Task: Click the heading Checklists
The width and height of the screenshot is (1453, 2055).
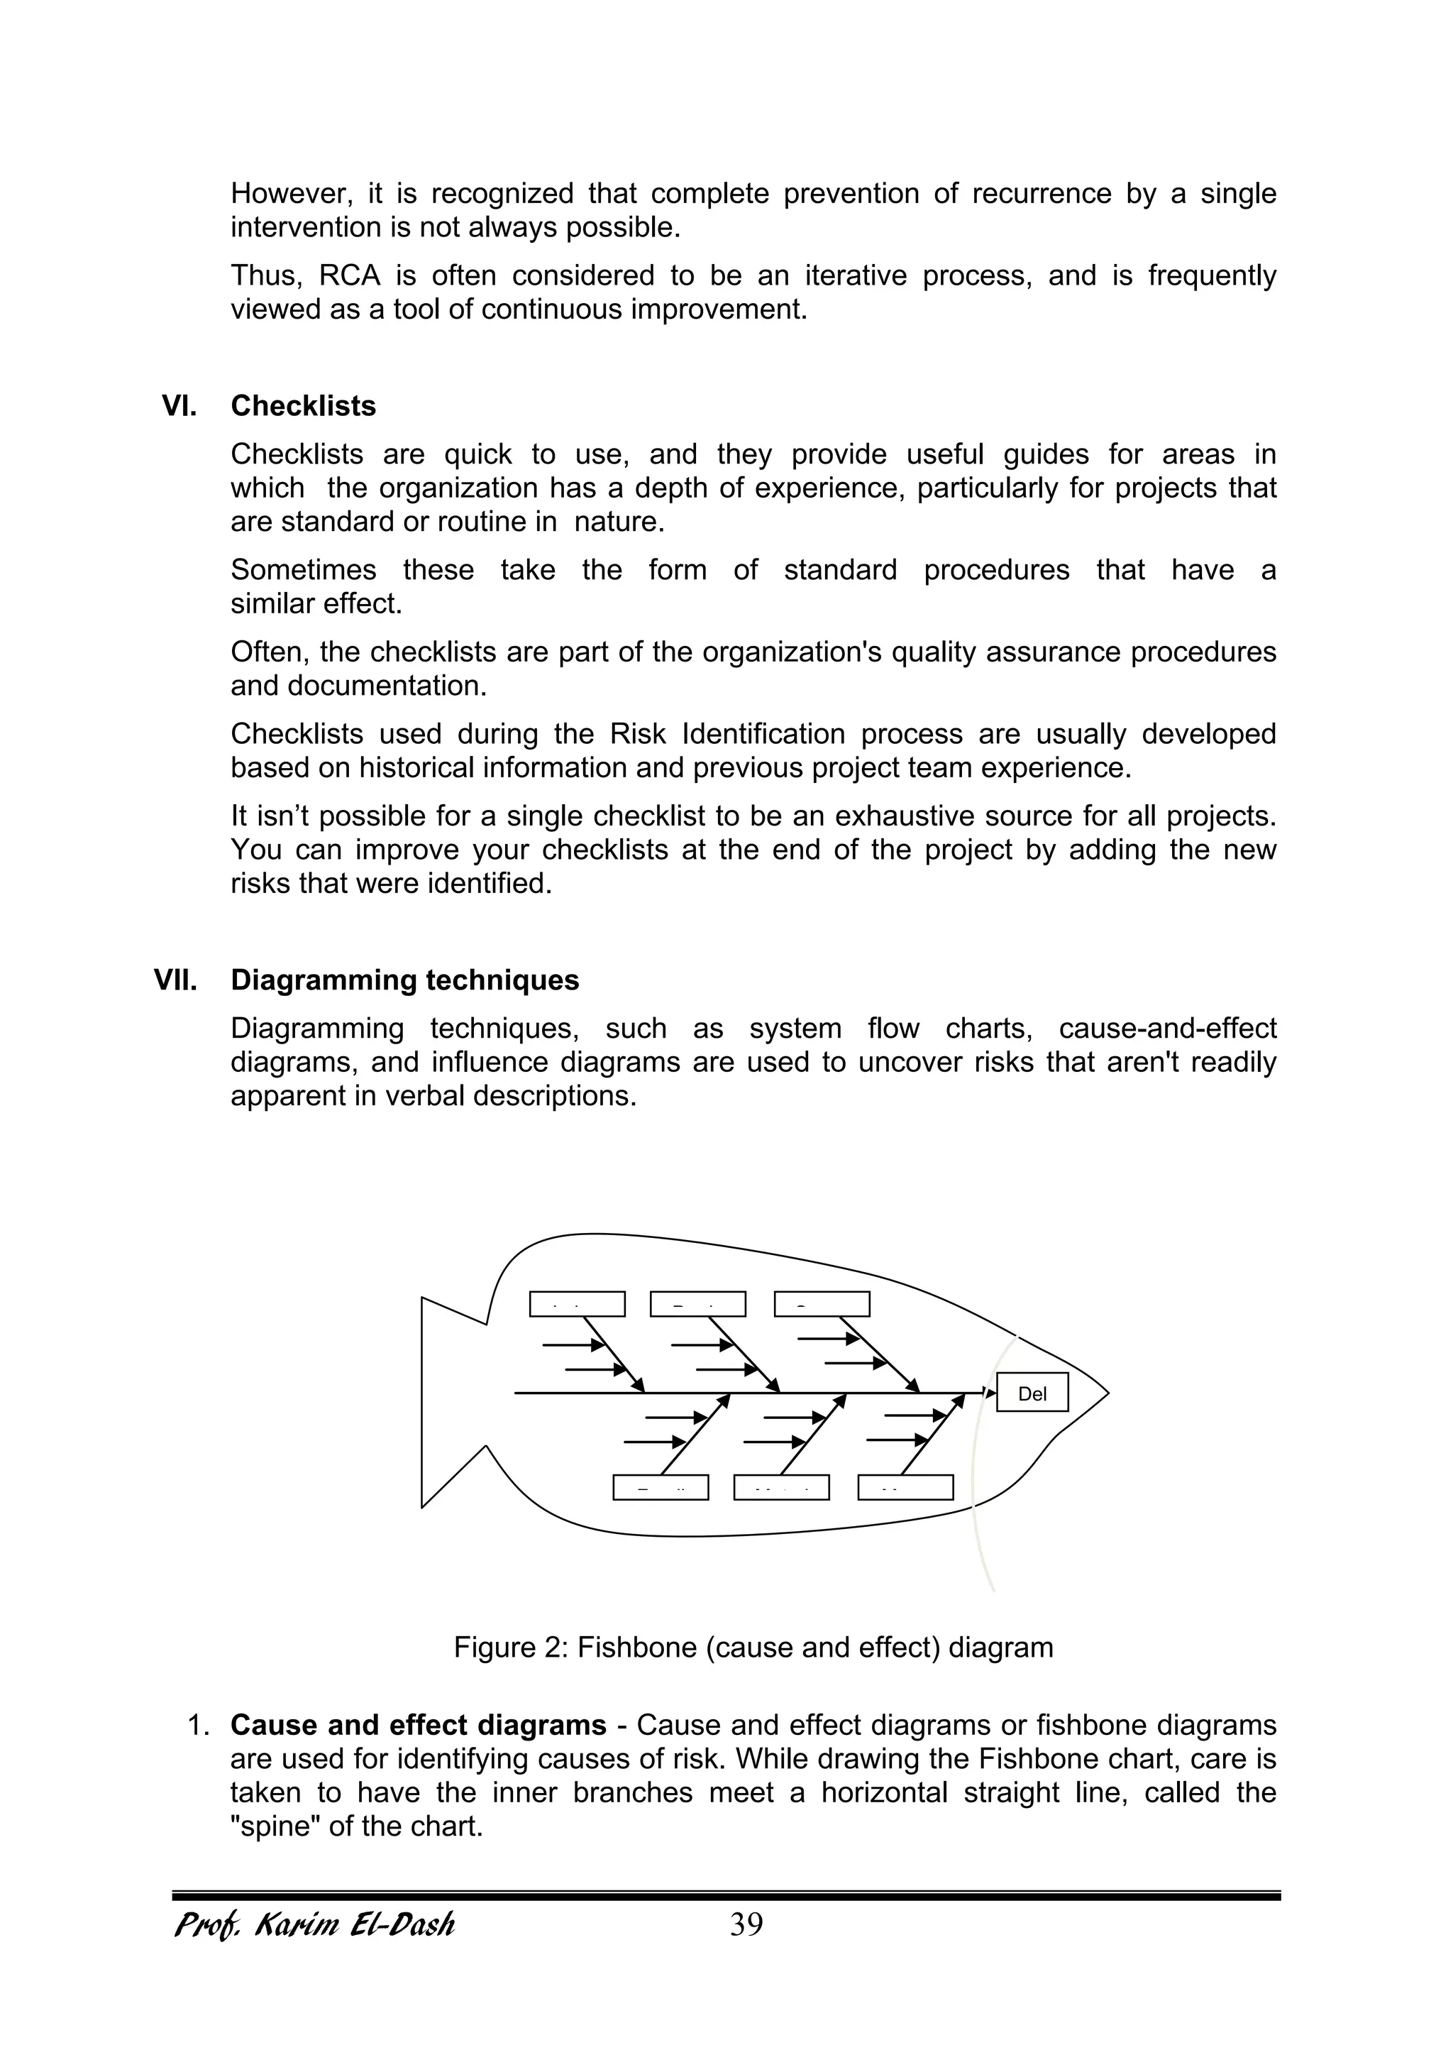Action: pyautogui.click(x=304, y=406)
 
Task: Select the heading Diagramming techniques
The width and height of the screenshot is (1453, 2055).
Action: pyautogui.click(x=404, y=980)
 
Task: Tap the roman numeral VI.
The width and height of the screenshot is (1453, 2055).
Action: pyautogui.click(x=179, y=406)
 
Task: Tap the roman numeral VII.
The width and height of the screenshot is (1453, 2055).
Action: pyautogui.click(x=175, y=980)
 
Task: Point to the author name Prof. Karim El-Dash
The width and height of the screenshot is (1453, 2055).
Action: pyautogui.click(x=314, y=1924)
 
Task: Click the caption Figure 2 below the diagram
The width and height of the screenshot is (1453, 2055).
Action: pyautogui.click(x=753, y=1647)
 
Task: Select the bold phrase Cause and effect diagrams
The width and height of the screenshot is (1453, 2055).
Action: pyautogui.click(x=418, y=1725)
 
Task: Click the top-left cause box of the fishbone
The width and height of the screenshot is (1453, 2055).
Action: pyautogui.click(x=577, y=1304)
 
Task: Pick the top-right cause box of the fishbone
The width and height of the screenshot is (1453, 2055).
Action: pyautogui.click(x=822, y=1304)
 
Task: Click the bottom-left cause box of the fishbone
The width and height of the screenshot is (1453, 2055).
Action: pyautogui.click(x=661, y=1488)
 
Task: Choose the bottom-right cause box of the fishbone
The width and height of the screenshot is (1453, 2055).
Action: pyautogui.click(x=905, y=1488)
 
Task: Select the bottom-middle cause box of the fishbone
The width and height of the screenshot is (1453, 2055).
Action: pyautogui.click(x=781, y=1488)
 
